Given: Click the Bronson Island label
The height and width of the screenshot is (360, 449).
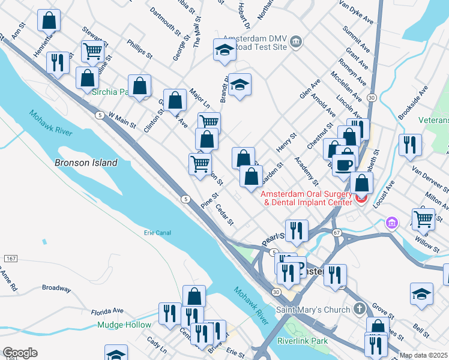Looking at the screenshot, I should [86, 163].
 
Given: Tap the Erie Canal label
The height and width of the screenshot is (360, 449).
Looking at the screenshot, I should [158, 233].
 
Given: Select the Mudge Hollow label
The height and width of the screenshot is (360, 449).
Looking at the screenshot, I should [125, 325].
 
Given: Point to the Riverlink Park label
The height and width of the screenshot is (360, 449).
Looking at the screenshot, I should [302, 341].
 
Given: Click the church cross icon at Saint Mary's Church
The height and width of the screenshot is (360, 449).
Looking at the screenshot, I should [359, 310].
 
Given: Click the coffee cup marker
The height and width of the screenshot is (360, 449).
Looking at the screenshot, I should [345, 163].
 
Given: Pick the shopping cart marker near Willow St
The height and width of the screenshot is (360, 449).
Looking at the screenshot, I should [424, 219].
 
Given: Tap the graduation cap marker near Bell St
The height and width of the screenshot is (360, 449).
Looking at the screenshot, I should [421, 294].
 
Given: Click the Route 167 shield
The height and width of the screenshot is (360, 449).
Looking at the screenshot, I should [10, 258].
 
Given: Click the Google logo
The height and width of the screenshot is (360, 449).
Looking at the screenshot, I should [20, 353].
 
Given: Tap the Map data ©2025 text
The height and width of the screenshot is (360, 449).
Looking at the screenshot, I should [423, 355].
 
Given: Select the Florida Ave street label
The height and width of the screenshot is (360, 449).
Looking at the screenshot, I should [107, 311].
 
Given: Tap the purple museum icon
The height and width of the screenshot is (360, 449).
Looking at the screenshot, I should [392, 223].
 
